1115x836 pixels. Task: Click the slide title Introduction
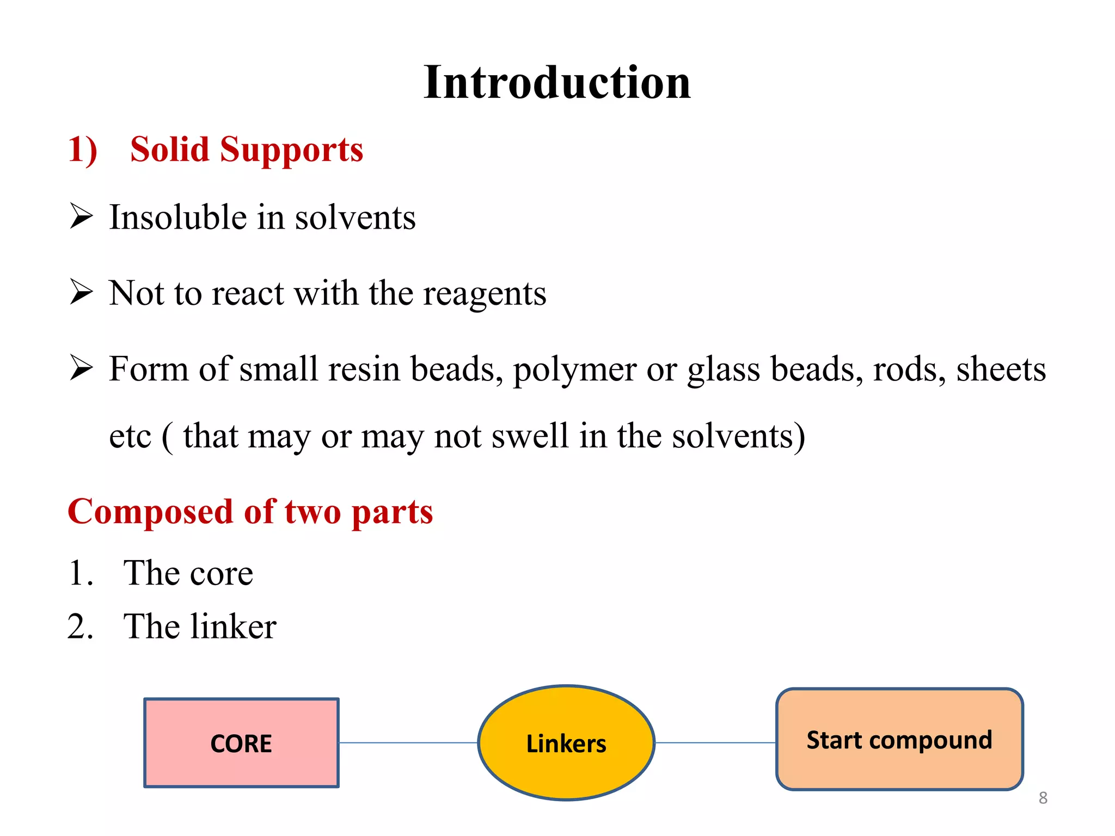pos(557,83)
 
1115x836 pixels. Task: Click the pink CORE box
pos(241,743)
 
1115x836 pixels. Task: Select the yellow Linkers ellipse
pos(566,743)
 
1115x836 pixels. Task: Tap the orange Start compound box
pos(899,740)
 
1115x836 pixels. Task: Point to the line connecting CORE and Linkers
pos(408,743)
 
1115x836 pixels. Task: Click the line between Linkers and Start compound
pos(715,742)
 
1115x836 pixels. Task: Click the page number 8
pos(1043,798)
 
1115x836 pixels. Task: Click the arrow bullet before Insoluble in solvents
pos(82,216)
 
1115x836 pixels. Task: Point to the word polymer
pos(575,370)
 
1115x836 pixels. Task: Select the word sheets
pos(1001,369)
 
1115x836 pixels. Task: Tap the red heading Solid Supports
pos(247,150)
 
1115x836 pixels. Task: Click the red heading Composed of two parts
pos(250,512)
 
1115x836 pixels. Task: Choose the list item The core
pos(188,573)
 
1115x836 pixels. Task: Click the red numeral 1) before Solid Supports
pos(83,150)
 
